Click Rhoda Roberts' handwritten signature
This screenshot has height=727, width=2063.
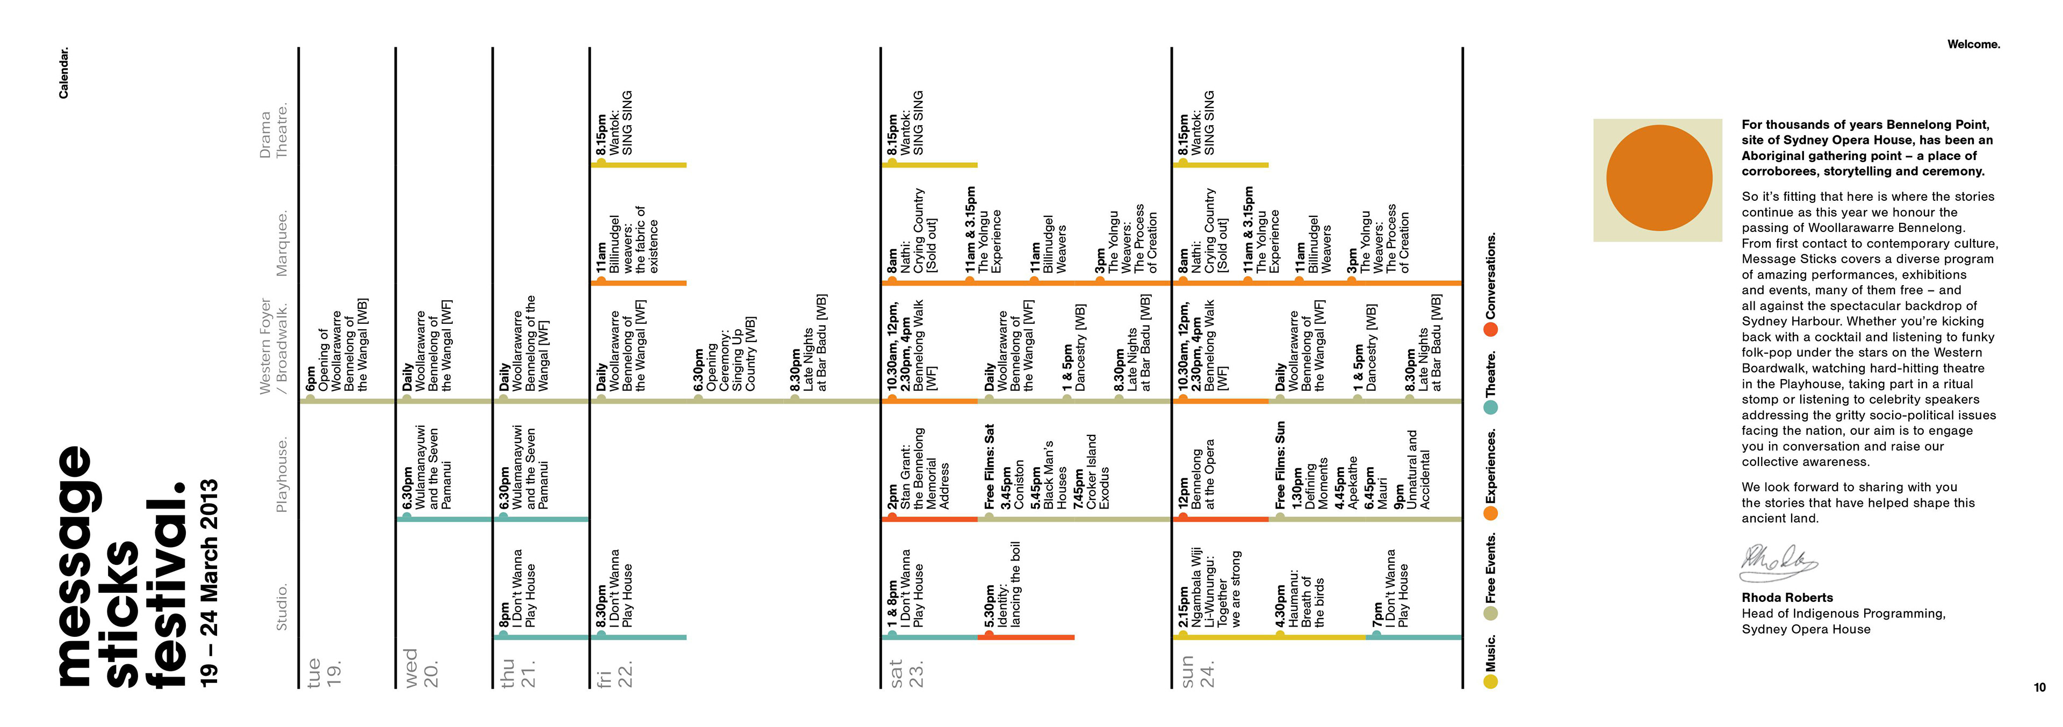pyautogui.click(x=1778, y=563)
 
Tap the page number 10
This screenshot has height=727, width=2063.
pyautogui.click(x=2039, y=687)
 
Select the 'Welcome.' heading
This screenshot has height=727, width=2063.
pyautogui.click(x=1973, y=45)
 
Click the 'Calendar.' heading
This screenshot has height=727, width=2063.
pyautogui.click(x=64, y=73)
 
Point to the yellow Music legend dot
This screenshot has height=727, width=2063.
pyautogui.click(x=1490, y=681)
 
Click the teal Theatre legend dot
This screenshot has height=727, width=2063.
pyautogui.click(x=1490, y=407)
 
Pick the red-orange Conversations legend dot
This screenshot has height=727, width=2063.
pyautogui.click(x=1490, y=329)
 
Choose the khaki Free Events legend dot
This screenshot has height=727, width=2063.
pyautogui.click(x=1490, y=613)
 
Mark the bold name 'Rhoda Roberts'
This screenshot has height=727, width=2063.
pyautogui.click(x=1787, y=597)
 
